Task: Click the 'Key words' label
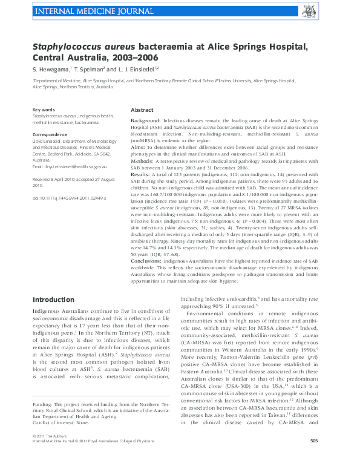pyautogui.click(x=44, y=110)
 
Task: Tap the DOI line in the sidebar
pyautogui.click(x=69, y=198)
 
